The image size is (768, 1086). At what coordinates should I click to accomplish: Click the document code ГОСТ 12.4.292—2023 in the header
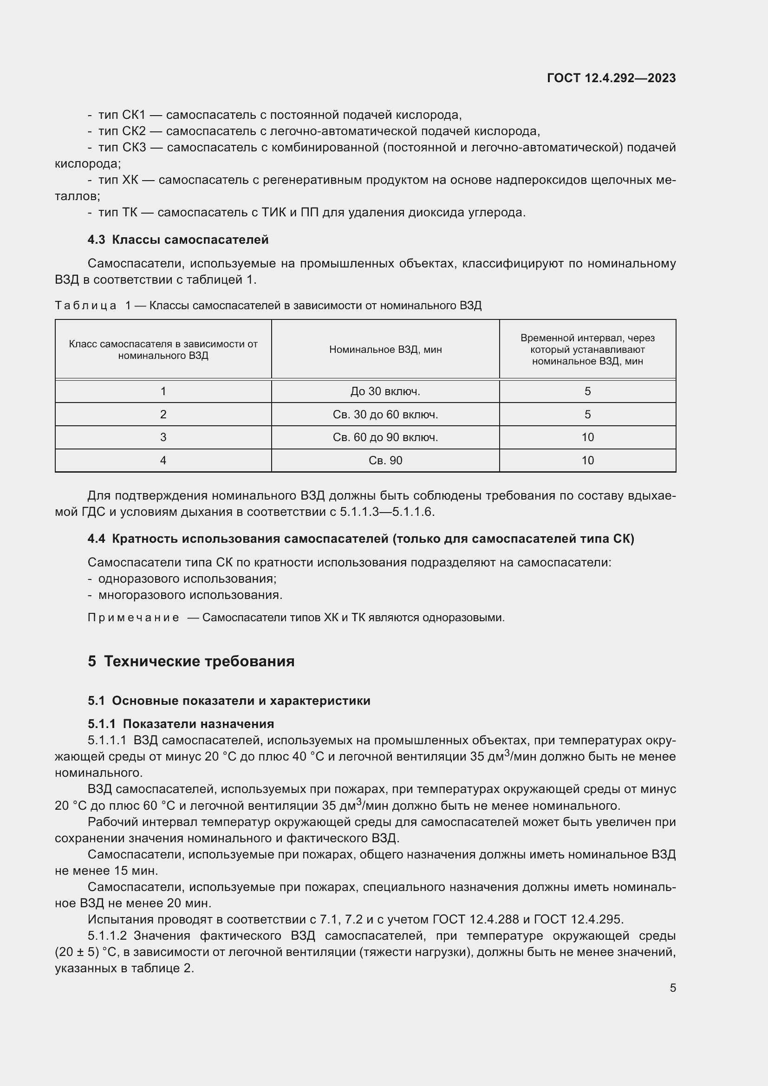(x=611, y=78)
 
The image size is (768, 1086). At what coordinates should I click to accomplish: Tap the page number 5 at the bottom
(x=672, y=988)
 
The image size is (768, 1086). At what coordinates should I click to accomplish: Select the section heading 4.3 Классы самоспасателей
(x=178, y=240)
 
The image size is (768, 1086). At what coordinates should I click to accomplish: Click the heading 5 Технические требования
(x=191, y=661)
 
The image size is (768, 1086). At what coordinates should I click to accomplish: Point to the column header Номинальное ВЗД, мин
(x=385, y=350)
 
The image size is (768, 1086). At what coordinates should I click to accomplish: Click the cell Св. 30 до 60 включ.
(x=385, y=415)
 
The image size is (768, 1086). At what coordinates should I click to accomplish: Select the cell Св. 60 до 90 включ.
(x=385, y=437)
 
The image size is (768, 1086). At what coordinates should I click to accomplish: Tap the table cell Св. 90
(x=385, y=461)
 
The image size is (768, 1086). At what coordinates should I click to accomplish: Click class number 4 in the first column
(x=163, y=461)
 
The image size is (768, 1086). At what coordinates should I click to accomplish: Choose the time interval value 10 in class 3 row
(x=587, y=437)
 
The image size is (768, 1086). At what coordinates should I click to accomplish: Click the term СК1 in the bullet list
(x=134, y=115)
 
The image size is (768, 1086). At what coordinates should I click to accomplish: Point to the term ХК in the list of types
(x=130, y=180)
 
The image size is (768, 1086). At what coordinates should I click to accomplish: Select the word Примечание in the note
(x=133, y=618)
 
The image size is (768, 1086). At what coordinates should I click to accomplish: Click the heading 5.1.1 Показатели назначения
(x=181, y=724)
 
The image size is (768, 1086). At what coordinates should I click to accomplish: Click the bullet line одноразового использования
(x=187, y=579)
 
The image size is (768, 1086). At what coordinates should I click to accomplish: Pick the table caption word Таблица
(x=85, y=306)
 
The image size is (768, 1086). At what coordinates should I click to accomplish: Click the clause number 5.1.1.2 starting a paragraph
(x=107, y=936)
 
